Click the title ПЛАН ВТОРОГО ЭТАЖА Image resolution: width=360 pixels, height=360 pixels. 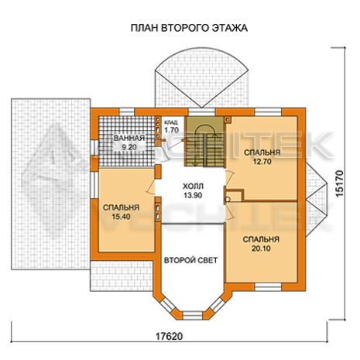(x=189, y=28)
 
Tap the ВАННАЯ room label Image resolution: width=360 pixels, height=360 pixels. (x=129, y=138)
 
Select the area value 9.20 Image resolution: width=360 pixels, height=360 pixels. (x=129, y=147)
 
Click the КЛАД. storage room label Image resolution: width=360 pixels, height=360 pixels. (x=171, y=122)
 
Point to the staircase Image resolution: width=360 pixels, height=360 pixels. (x=204, y=142)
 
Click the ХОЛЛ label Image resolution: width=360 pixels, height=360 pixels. (x=193, y=186)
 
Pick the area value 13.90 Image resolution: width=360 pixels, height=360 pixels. (x=193, y=195)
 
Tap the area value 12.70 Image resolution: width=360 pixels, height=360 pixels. (x=262, y=162)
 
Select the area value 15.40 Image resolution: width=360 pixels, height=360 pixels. (x=121, y=217)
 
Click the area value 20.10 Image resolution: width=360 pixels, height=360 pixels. (x=261, y=249)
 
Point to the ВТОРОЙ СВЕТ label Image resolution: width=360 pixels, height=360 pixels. (x=190, y=260)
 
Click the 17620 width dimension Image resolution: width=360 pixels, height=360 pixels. (x=169, y=336)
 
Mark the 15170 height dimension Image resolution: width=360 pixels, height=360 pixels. (x=341, y=183)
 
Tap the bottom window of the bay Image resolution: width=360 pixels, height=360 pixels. (x=193, y=315)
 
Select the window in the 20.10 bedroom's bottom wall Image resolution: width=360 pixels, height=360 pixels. (x=268, y=287)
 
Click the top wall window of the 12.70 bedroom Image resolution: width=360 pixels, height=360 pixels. (x=268, y=112)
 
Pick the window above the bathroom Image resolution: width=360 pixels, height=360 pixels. (x=127, y=112)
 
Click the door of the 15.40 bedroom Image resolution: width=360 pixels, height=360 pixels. (x=151, y=187)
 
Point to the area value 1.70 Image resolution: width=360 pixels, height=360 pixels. (x=171, y=130)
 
